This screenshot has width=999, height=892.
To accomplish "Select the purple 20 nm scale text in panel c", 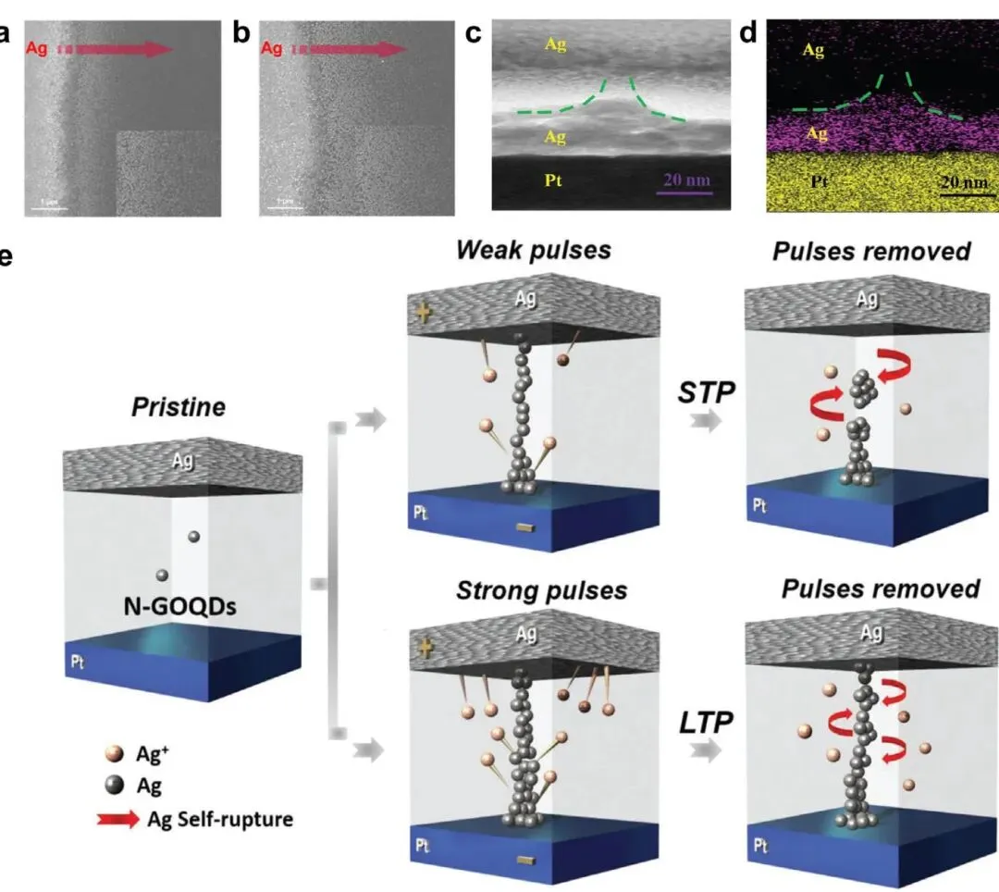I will (x=685, y=179).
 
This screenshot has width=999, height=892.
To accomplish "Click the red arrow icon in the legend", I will (x=114, y=818).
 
